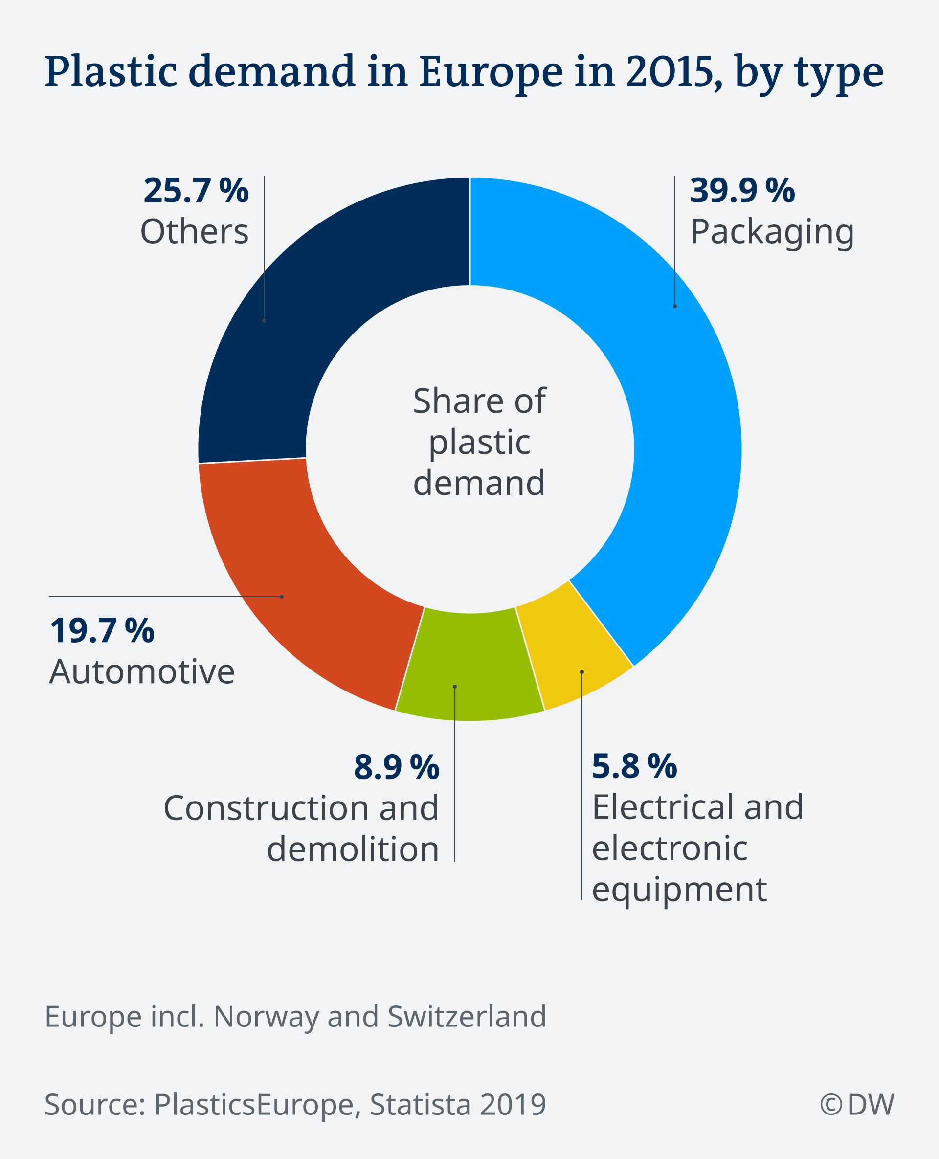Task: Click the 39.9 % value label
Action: click(742, 191)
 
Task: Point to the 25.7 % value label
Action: click(196, 191)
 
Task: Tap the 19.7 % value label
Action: click(102, 631)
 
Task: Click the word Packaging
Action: click(772, 233)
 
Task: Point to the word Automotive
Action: click(142, 672)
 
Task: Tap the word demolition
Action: click(353, 849)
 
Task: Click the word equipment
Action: click(679, 890)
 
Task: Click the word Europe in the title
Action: click(491, 72)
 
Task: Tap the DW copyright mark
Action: click(857, 1104)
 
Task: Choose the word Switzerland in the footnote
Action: click(467, 1016)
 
